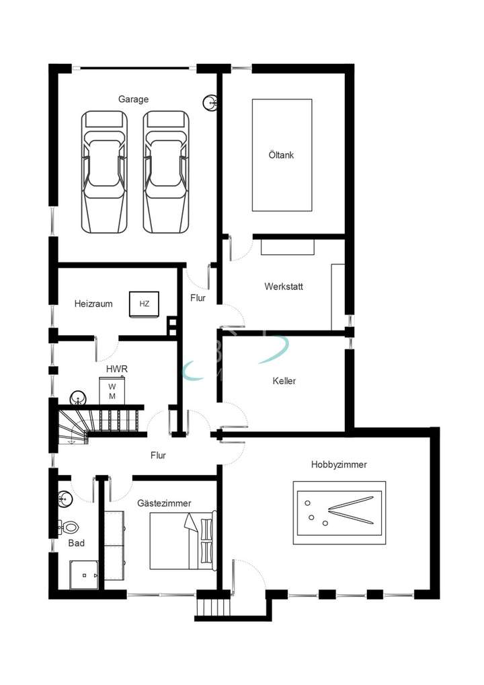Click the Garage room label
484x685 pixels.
coord(133,99)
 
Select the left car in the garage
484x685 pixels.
coord(104,172)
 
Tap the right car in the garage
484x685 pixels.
coord(166,172)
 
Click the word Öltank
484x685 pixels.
coord(282,155)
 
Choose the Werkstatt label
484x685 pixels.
coord(283,286)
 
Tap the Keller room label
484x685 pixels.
coord(284,381)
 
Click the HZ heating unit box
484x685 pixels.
coord(144,304)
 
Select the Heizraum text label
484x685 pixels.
coord(93,304)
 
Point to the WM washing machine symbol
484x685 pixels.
coord(112,391)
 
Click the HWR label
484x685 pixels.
coord(116,369)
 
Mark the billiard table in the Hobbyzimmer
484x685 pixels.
coord(339,513)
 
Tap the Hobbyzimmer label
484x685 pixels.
coord(339,464)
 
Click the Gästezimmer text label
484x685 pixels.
coord(164,503)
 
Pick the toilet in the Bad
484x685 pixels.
coord(69,527)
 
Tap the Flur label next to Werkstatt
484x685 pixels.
coord(198,298)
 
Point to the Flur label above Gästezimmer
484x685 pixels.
coord(158,456)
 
